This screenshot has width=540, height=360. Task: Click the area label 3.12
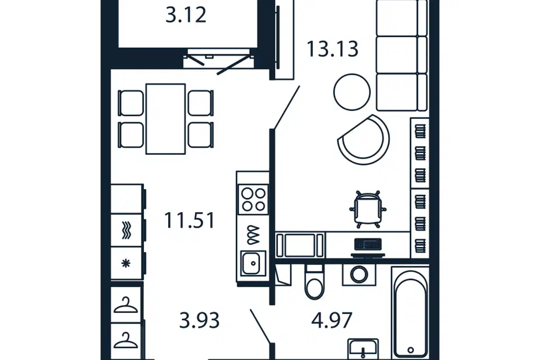coord(186,15)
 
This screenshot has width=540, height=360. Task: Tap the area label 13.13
coord(332,49)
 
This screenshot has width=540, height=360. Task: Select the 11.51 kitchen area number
coord(190,220)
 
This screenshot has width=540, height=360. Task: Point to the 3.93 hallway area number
coord(199,321)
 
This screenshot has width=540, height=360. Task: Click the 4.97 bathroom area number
coord(332,320)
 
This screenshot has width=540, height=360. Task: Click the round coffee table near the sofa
coord(352,92)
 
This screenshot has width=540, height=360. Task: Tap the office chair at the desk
coord(368,209)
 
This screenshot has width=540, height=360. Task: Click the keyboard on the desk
coord(368,244)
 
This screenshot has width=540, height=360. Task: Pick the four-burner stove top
coord(253,200)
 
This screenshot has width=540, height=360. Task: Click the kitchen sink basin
coord(253,263)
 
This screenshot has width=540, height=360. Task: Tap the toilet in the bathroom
coord(314,282)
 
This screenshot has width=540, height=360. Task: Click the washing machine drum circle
coord(359,274)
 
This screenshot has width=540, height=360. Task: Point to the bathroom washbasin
coord(363,349)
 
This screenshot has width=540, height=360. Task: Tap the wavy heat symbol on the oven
coord(127,230)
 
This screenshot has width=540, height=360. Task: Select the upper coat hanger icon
coord(125,305)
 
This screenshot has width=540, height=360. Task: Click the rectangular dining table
coord(166,119)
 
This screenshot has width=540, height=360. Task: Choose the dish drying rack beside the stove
coord(253,235)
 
